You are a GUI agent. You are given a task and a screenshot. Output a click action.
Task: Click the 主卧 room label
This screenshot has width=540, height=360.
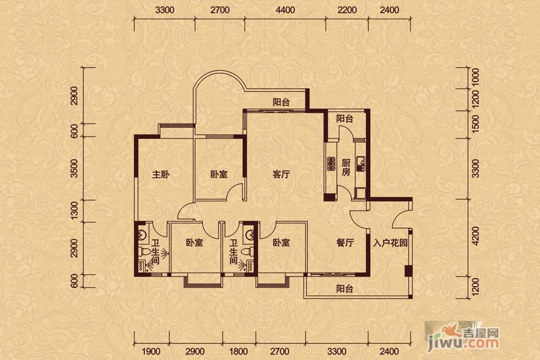coord(161,175)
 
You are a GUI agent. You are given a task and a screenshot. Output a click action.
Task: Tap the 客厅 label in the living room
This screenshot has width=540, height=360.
coord(281,175)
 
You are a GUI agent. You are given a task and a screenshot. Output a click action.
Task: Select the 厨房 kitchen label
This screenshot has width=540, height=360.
coord(346,167)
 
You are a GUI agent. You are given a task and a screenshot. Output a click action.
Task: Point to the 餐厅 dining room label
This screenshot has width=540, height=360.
coord(345,243)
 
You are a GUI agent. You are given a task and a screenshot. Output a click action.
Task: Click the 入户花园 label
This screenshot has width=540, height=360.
coord(390,243)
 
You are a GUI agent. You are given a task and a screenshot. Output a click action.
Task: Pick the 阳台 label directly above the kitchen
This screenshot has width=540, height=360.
coord(344,119)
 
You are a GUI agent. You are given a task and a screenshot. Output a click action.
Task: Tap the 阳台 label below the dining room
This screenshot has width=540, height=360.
coord(344,289)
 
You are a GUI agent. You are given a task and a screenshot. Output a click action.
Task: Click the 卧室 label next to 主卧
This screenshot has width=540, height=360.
coord(219,175)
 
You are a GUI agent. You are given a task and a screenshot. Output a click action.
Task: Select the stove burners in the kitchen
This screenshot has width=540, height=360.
coord(331,164)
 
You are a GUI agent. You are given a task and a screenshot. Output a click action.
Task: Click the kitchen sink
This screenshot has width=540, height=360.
coord(361,162)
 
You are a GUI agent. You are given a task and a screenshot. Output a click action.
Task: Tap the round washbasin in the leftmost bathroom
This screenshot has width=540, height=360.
coord(142,235)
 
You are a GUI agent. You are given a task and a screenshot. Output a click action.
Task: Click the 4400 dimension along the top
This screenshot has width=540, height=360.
coord(286,10)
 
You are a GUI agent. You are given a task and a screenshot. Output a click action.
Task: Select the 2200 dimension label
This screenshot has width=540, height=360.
coord(347,10)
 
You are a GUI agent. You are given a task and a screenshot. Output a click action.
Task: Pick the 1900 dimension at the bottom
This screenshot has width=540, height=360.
coord(151,352)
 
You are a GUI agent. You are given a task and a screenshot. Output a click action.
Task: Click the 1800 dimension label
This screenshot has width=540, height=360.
coord(238,352)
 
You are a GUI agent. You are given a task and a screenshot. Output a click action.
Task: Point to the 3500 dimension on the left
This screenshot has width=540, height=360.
coord(74,169)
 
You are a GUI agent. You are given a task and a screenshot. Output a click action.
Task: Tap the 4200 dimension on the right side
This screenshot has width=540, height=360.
coord(475,236)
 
